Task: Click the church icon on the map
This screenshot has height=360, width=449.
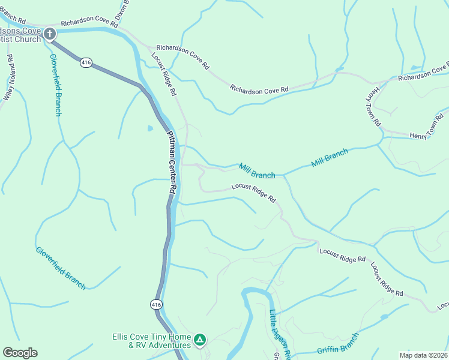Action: [50, 34]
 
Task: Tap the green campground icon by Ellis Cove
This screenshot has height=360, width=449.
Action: [200, 340]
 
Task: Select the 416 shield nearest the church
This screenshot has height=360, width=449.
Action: [86, 62]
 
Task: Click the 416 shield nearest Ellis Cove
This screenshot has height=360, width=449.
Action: [156, 304]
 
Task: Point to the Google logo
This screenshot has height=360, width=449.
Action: [20, 353]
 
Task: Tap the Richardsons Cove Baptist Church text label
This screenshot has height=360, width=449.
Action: [20, 35]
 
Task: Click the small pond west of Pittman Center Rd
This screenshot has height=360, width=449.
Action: [149, 128]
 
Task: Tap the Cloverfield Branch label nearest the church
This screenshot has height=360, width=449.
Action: [55, 85]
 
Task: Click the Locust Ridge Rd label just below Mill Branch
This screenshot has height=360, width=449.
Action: [253, 193]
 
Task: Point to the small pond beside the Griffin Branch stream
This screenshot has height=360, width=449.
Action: [384, 316]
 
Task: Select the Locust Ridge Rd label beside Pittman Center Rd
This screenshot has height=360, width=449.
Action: [164, 74]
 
